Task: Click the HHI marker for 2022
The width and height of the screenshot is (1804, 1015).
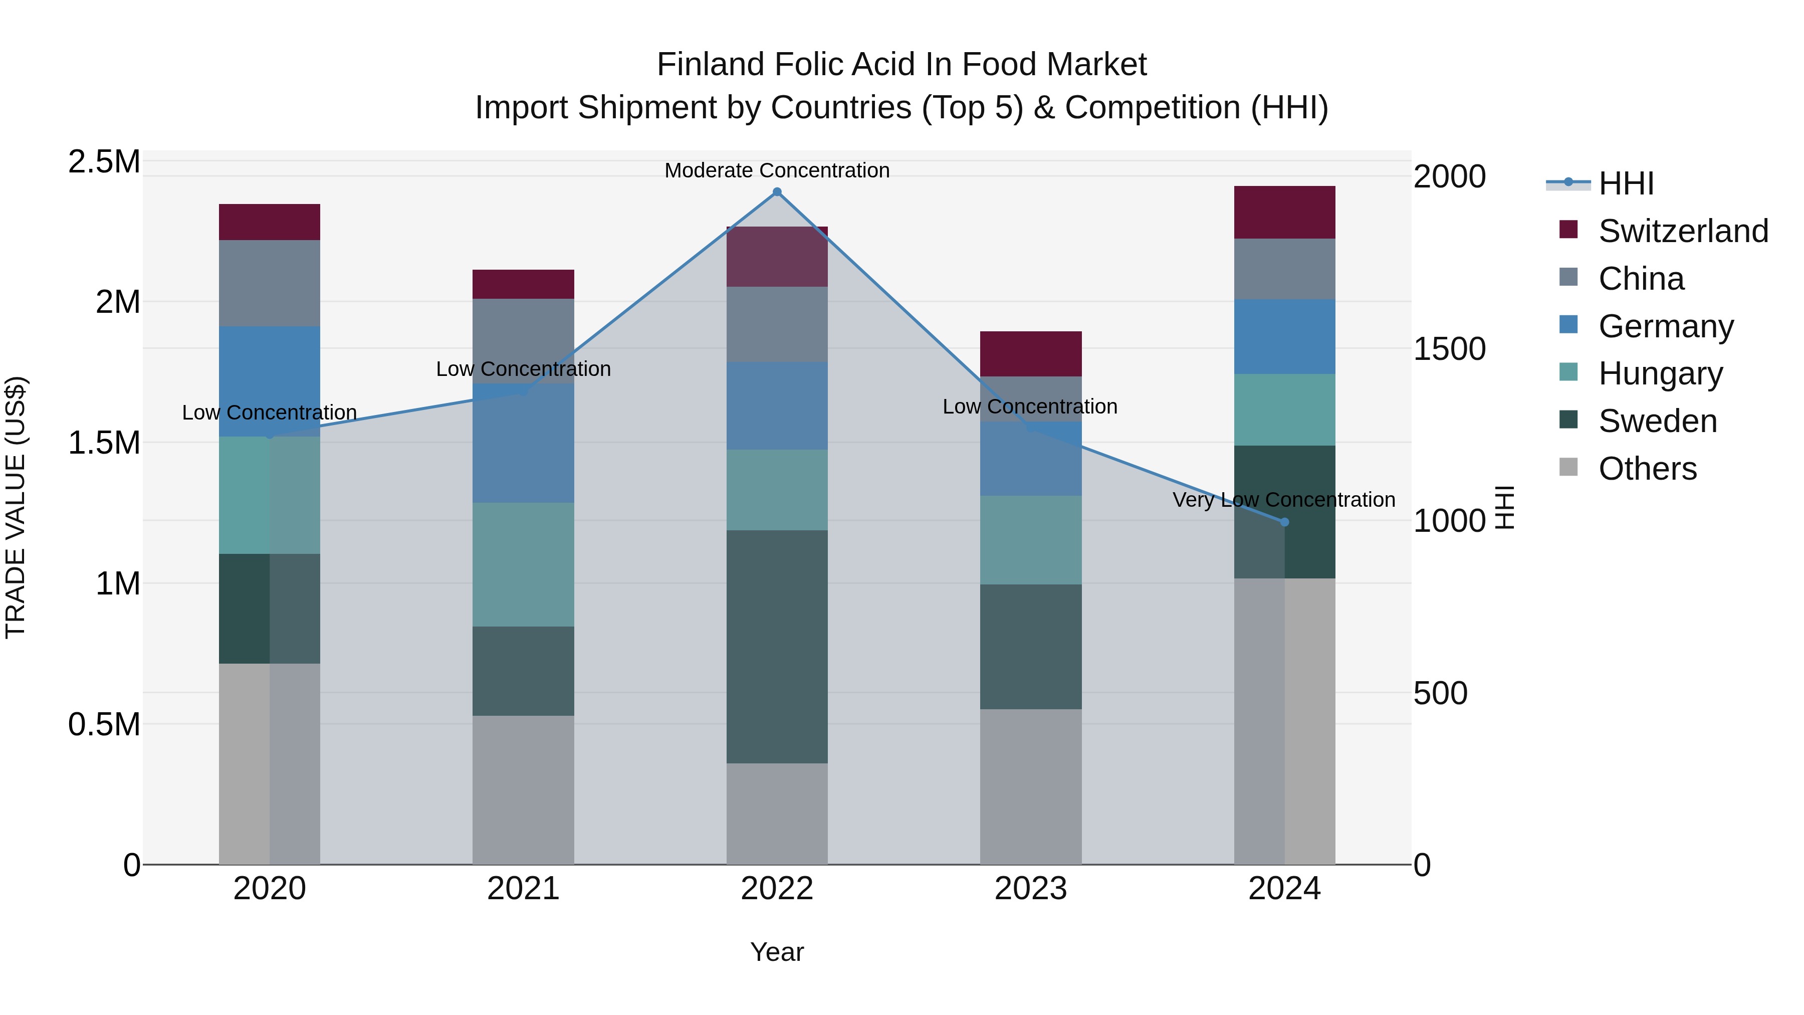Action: click(x=777, y=192)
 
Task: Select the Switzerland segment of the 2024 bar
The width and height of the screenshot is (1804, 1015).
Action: click(x=1284, y=212)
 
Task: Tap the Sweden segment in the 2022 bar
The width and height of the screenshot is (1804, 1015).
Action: click(x=777, y=646)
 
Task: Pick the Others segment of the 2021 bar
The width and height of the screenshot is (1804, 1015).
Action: click(x=523, y=789)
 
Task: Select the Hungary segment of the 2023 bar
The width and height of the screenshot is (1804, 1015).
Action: click(x=1030, y=540)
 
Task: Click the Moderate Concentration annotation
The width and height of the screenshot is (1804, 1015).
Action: click(x=777, y=170)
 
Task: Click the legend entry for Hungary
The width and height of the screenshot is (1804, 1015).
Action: click(x=1660, y=373)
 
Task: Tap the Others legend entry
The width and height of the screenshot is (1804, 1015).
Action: click(x=1647, y=469)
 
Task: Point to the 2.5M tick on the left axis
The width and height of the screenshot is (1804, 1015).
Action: click(x=104, y=162)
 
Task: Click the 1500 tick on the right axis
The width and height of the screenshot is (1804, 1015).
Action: click(x=1449, y=349)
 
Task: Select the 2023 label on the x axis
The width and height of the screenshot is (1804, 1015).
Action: click(x=1030, y=889)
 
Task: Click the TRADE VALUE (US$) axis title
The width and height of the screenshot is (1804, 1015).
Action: click(x=16, y=507)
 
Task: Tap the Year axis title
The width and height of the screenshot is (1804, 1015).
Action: click(x=777, y=952)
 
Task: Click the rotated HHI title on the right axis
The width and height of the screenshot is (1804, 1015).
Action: click(x=1504, y=507)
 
